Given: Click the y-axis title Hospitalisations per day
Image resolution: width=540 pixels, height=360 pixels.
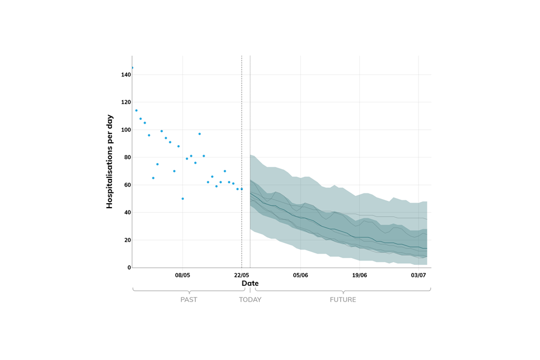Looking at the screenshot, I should click(x=110, y=162).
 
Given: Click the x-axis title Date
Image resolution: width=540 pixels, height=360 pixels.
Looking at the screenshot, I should click(x=250, y=283).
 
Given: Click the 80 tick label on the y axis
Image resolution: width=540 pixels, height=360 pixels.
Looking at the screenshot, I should click(x=125, y=157).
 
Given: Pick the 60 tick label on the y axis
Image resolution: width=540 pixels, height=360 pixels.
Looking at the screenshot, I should click(x=125, y=185).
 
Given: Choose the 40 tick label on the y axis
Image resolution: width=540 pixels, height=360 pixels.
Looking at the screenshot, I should click(x=125, y=213).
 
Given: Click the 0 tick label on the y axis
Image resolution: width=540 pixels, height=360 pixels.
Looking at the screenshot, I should click(x=127, y=268).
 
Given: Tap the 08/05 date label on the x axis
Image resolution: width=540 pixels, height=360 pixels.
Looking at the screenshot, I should click(x=183, y=275).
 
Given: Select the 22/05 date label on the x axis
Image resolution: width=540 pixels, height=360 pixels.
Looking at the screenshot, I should click(x=242, y=275).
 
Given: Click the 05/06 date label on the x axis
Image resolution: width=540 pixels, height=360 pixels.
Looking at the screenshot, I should click(x=300, y=275).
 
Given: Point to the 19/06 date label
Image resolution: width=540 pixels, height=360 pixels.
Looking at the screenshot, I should click(x=359, y=275).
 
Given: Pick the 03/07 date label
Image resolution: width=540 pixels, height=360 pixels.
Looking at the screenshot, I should click(x=418, y=275).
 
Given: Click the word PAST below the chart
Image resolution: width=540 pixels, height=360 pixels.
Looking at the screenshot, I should click(x=189, y=300).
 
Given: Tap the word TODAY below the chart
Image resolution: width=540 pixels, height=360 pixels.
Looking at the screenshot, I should click(x=250, y=300).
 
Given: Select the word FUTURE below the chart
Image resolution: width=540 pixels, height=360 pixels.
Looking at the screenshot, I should click(x=343, y=300).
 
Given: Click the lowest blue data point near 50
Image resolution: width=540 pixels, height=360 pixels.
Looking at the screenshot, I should click(x=183, y=199).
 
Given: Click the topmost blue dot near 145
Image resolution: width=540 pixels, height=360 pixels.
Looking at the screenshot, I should click(x=132, y=67).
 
